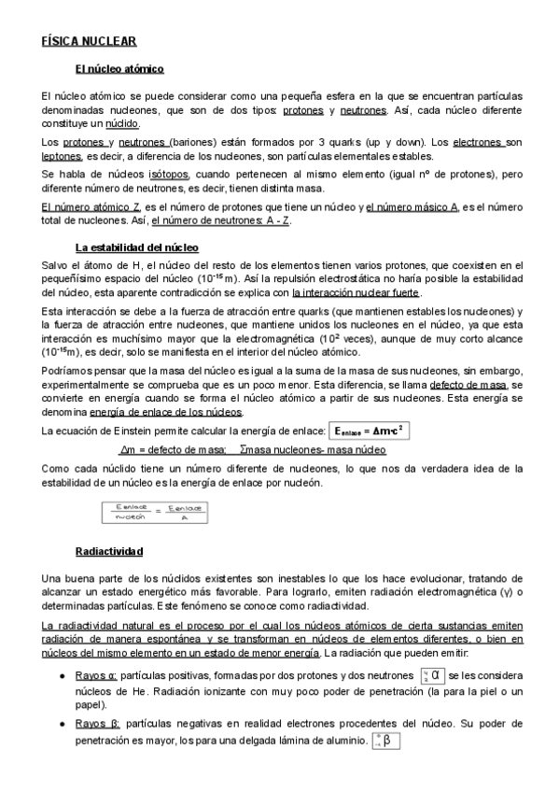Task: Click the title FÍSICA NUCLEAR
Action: tap(90, 41)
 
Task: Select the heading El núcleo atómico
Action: tap(119, 69)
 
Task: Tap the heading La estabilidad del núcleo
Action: tap(136, 247)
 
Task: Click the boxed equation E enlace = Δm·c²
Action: tap(370, 430)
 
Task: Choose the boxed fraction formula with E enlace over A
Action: tap(154, 512)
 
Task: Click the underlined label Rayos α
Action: tap(96, 674)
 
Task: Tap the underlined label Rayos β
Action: tap(96, 724)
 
